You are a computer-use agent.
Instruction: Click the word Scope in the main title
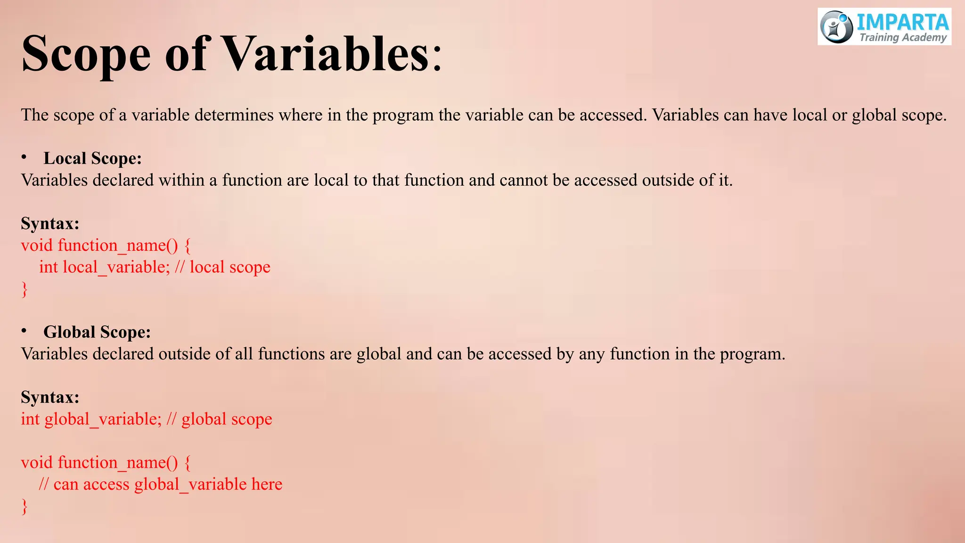86,54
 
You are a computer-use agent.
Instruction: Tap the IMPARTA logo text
902,22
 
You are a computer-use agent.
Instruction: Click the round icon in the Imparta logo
836,27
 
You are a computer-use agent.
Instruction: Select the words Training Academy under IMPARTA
903,38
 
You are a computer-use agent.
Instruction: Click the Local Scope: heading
92,158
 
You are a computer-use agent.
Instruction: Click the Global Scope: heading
97,332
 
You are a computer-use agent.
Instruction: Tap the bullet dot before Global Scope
24,331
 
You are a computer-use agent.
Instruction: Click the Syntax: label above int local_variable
50,223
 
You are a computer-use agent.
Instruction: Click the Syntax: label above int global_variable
50,397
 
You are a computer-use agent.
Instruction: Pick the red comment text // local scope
222,267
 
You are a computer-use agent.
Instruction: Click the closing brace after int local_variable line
25,289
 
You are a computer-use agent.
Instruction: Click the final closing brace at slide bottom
25,506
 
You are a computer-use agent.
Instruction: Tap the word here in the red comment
267,484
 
